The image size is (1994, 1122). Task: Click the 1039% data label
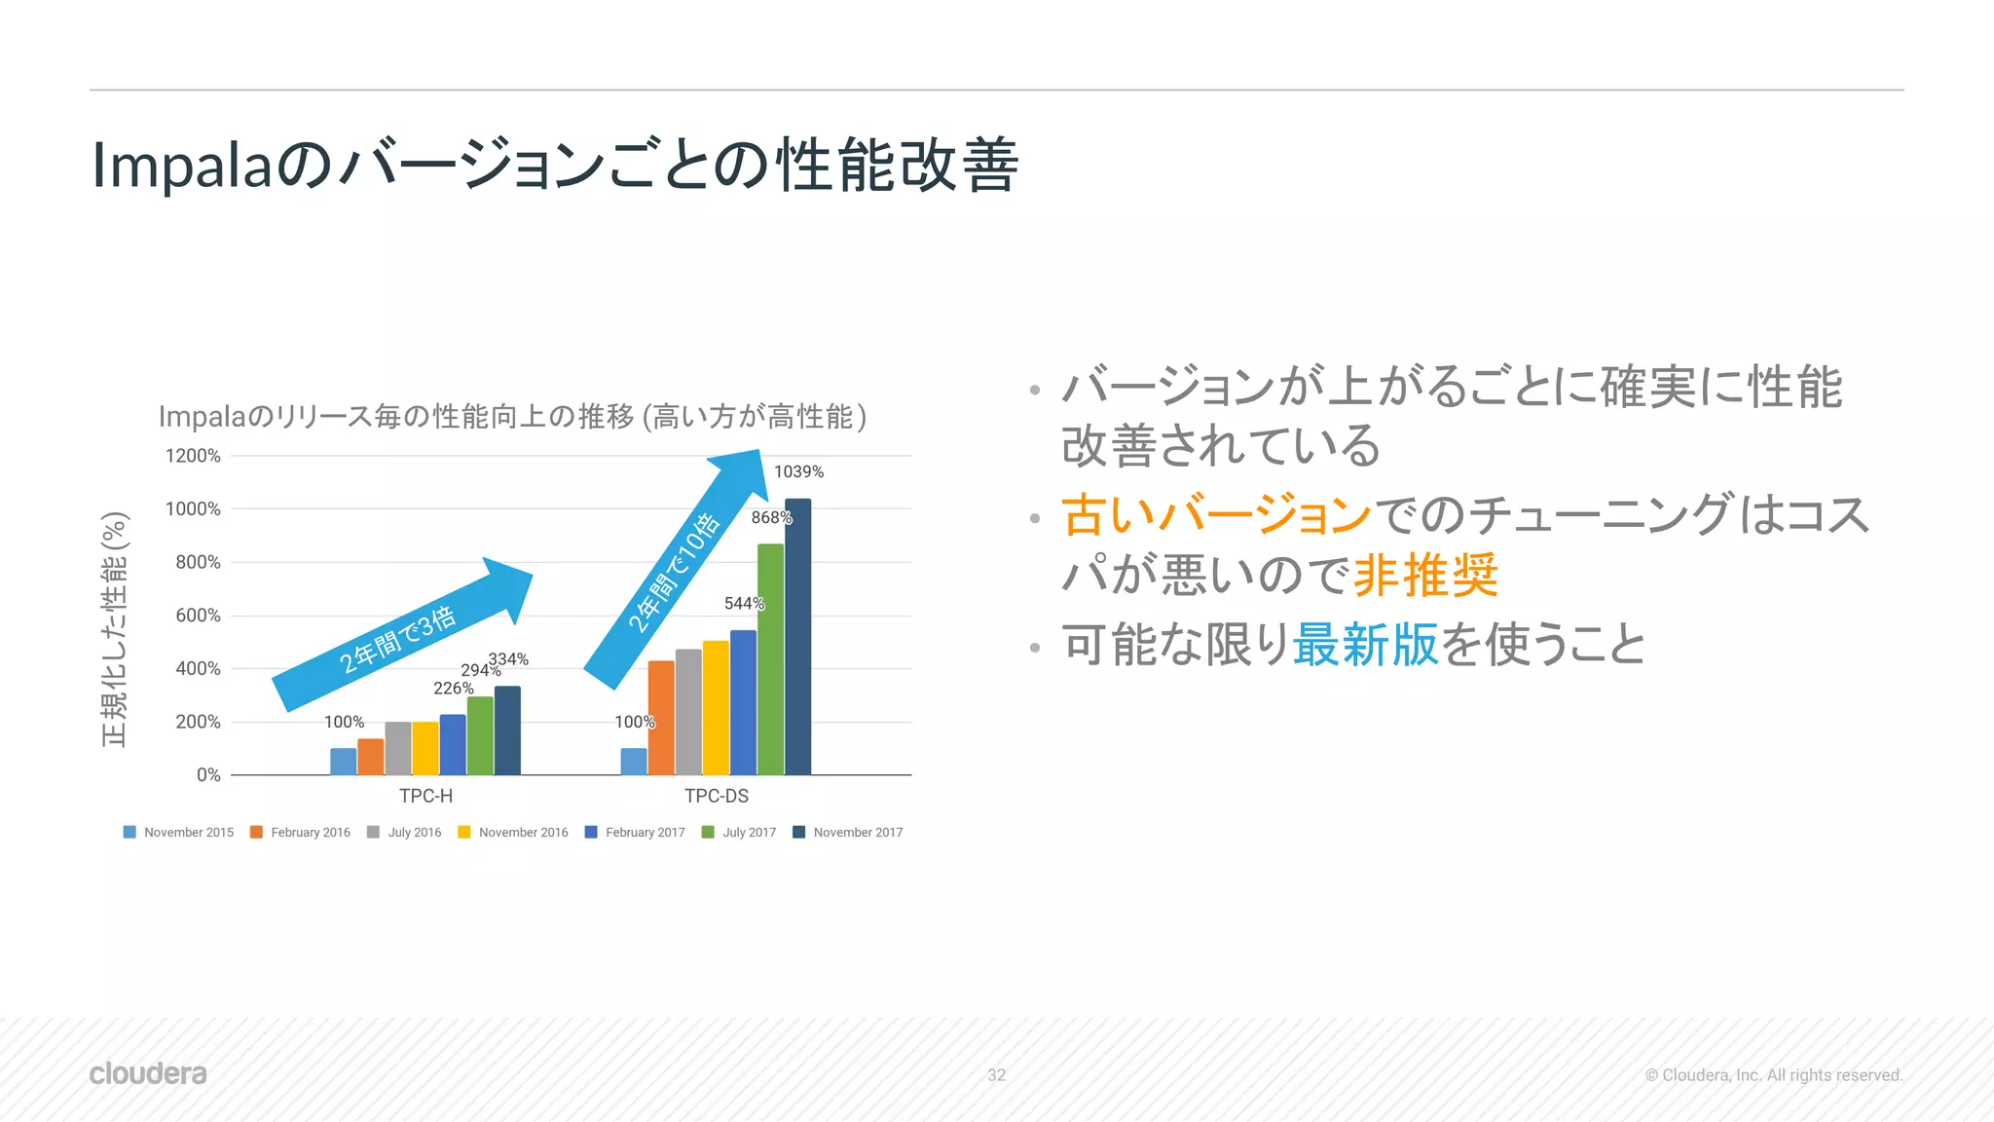pos(798,471)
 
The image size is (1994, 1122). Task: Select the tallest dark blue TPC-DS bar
pos(797,638)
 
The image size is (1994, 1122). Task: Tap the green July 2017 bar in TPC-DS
pos(770,660)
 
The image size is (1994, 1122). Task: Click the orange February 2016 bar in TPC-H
pos(371,757)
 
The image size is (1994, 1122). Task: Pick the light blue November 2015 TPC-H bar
pos(343,762)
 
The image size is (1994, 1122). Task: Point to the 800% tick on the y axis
pos(198,562)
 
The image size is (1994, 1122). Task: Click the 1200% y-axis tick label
pos(193,456)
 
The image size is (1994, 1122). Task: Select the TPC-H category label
pos(425,796)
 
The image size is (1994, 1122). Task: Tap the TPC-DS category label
pos(717,796)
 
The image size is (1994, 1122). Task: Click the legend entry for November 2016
pos(514,833)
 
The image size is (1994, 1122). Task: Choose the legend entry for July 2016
pos(405,833)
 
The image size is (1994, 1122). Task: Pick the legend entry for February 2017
pos(636,833)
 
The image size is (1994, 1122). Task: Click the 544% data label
pos(744,604)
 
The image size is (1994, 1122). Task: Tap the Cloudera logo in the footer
pos(148,1073)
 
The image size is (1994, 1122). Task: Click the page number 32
pos(996,1075)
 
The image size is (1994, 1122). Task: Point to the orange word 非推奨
pos(1425,576)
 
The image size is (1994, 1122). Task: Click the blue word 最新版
pos(1365,645)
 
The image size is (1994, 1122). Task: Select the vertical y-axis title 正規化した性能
pos(115,629)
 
